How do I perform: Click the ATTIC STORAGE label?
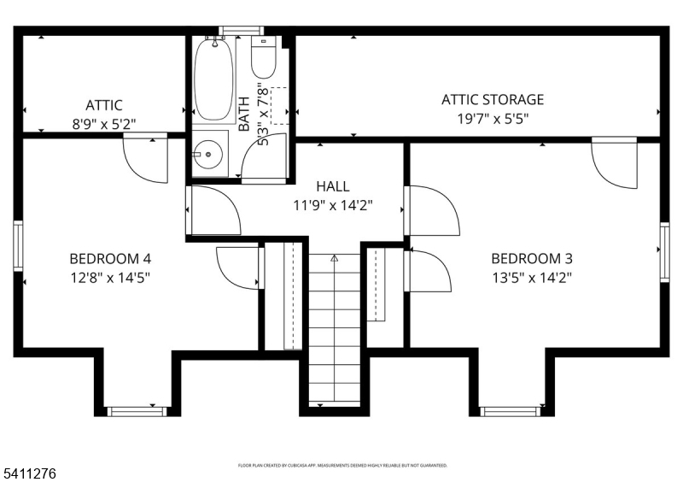(x=492, y=100)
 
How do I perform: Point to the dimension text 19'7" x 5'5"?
(x=492, y=119)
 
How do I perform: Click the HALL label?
(x=332, y=186)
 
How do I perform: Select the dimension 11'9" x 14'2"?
(x=332, y=205)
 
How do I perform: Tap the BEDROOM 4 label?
(x=110, y=258)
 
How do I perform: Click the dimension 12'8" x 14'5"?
(x=110, y=277)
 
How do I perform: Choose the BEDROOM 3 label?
(x=531, y=258)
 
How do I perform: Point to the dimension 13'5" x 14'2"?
(x=531, y=277)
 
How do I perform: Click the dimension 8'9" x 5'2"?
(x=103, y=124)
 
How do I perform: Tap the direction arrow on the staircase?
(x=334, y=257)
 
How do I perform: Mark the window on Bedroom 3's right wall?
(x=664, y=250)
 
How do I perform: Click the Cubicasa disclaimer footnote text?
(x=341, y=466)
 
